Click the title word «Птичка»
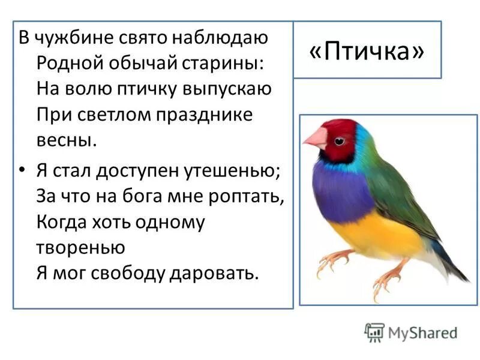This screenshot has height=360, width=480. tap(367, 52)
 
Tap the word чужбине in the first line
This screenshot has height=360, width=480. tap(74, 37)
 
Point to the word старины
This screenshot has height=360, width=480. tap(220, 63)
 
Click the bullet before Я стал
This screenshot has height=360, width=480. tap(22, 171)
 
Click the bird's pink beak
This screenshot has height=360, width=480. tap(315, 139)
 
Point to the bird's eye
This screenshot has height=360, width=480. tap(339, 141)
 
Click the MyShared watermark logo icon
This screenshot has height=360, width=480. tap(374, 332)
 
